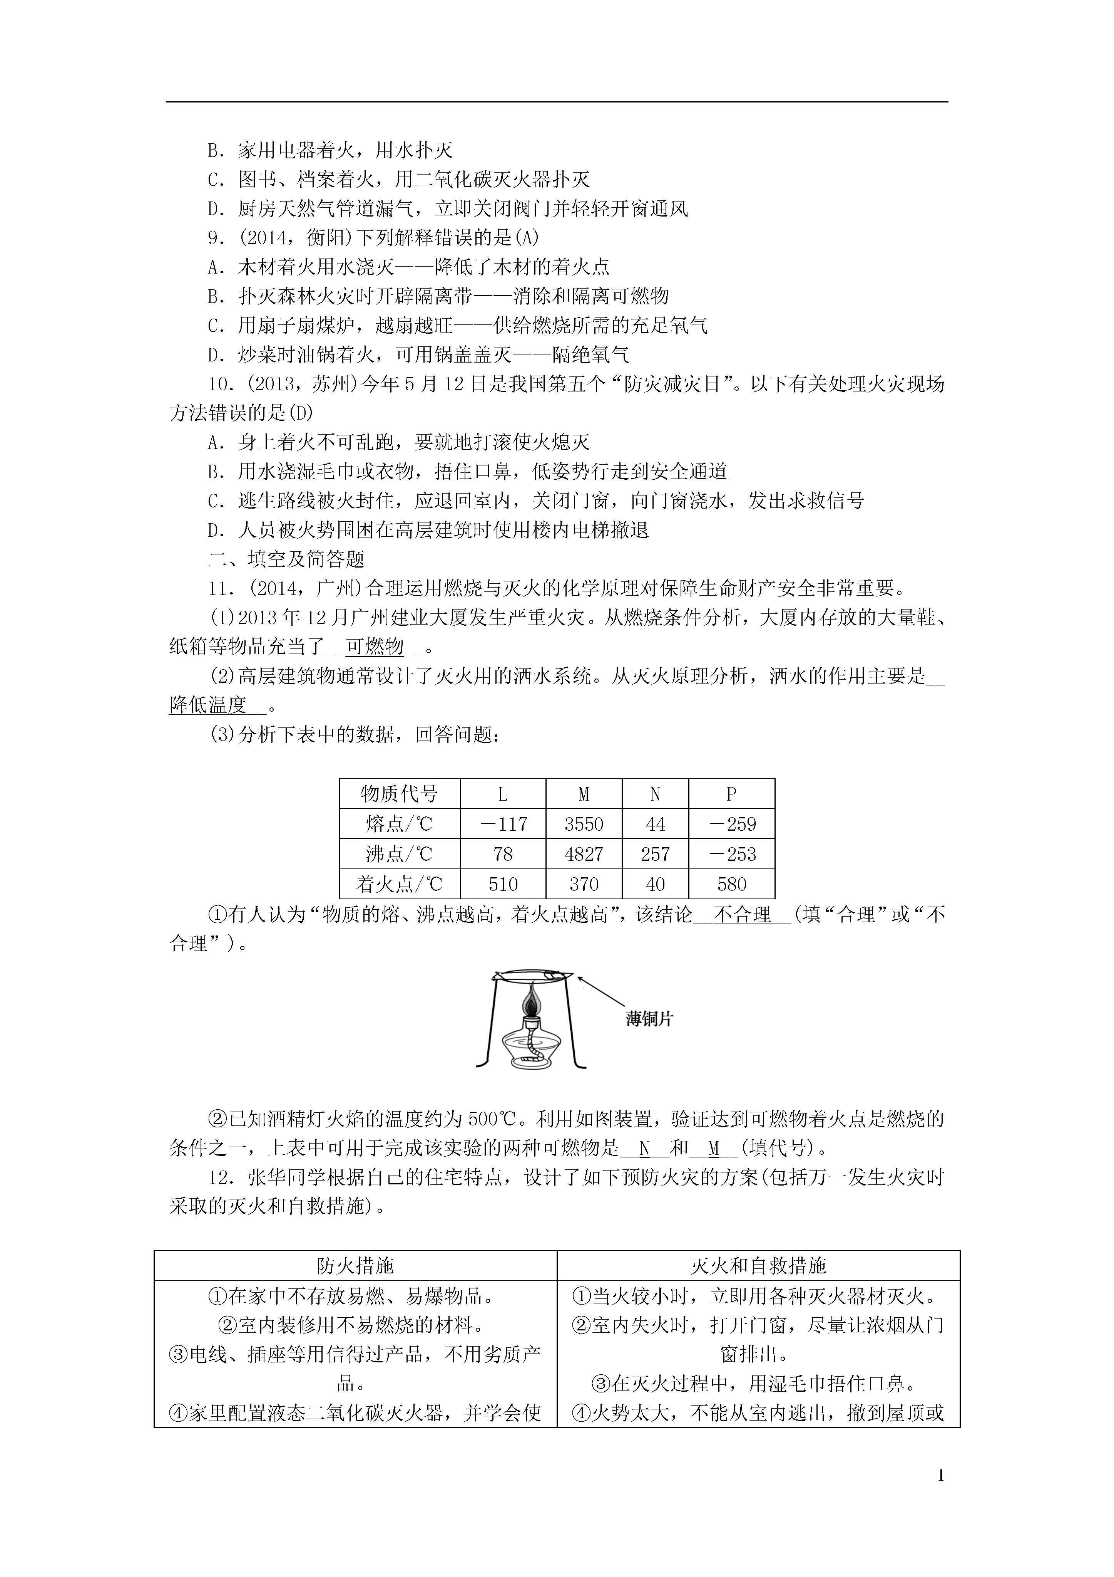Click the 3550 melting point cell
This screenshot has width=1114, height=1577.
(x=584, y=824)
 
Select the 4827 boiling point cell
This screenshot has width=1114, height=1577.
(x=584, y=855)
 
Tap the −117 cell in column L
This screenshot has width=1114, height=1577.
(x=503, y=824)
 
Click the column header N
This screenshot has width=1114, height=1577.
(x=655, y=795)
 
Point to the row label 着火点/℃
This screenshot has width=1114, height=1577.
(x=399, y=885)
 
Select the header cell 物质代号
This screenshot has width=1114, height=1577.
(x=399, y=795)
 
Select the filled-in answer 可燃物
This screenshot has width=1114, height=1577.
(x=374, y=647)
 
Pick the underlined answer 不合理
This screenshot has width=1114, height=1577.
(x=743, y=915)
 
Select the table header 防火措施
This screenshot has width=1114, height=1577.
(x=355, y=1266)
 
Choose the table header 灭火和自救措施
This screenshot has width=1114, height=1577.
(x=758, y=1266)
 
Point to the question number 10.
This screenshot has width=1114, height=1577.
(x=220, y=384)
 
